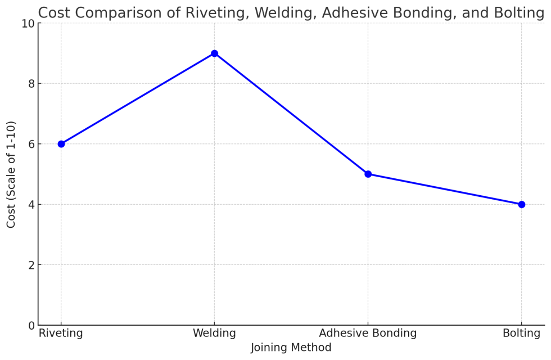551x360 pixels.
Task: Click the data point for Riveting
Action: [61, 144]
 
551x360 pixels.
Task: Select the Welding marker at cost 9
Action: [214, 53]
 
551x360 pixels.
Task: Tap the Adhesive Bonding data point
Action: [368, 174]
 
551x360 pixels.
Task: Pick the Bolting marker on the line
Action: [521, 204]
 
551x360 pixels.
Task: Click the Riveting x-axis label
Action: [61, 334]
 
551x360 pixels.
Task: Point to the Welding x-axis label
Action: [214, 334]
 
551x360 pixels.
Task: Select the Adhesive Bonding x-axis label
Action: [368, 334]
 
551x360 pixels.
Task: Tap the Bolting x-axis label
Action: [521, 334]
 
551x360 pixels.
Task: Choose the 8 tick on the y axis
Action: [31, 84]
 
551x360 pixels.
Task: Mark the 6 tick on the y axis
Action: [31, 144]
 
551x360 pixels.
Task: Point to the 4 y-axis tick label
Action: [31, 205]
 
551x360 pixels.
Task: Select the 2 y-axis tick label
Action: [31, 265]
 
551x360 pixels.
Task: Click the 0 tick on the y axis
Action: [31, 325]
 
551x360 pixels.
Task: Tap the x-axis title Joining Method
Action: [291, 348]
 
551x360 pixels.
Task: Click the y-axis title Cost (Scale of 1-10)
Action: [11, 174]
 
